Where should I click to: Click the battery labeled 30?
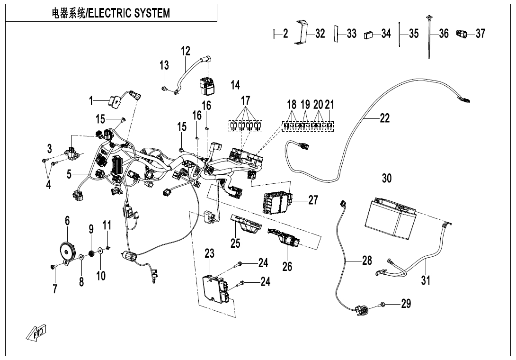[390, 219]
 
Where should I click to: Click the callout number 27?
[313, 200]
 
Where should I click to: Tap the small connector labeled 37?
[461, 34]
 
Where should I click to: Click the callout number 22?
[385, 118]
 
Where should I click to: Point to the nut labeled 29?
[383, 304]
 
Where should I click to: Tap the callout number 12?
[185, 51]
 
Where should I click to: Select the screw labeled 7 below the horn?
[53, 267]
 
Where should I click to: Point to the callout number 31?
[426, 280]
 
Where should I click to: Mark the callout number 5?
[69, 174]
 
